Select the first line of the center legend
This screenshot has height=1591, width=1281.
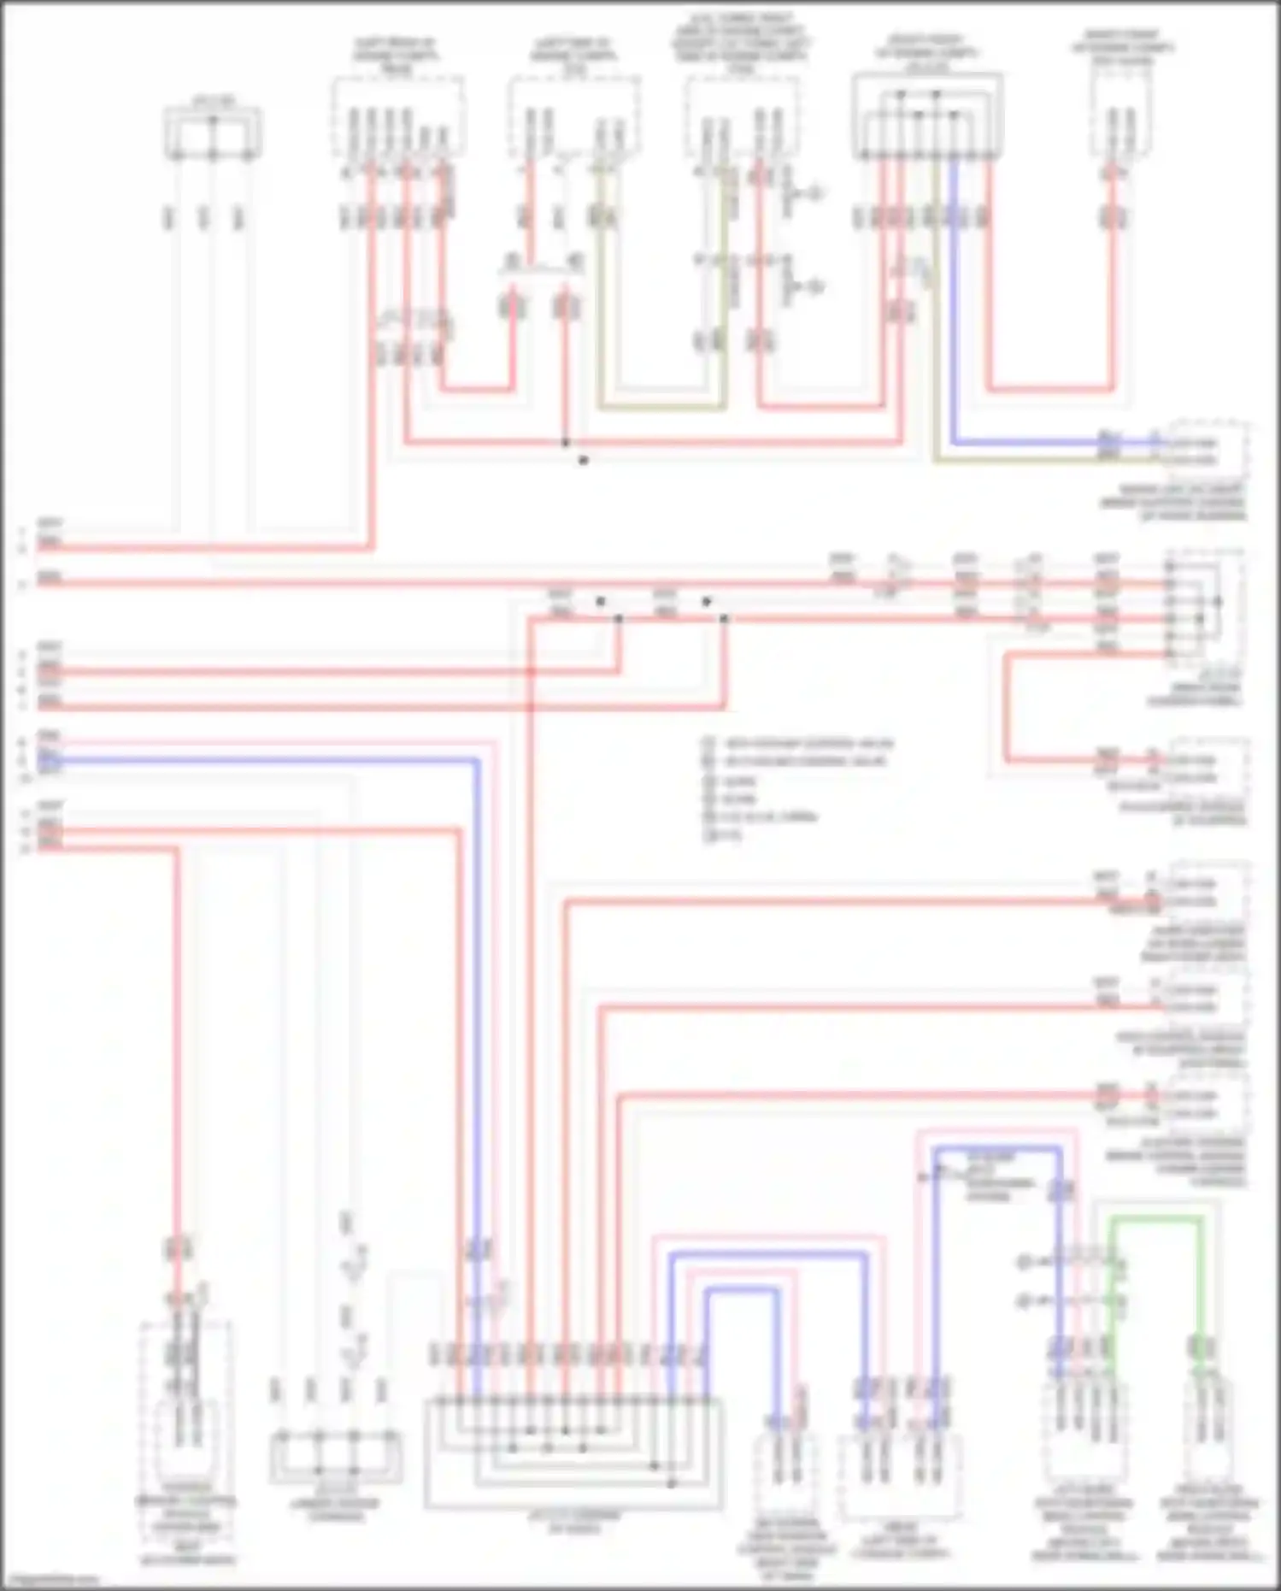(x=799, y=743)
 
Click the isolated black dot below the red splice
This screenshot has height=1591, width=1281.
(x=584, y=461)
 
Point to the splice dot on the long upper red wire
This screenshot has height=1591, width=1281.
(x=565, y=443)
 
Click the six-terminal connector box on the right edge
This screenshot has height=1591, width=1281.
(x=1203, y=605)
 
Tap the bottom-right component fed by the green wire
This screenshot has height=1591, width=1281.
(x=1210, y=1436)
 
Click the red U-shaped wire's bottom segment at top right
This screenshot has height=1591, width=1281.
(x=1051, y=389)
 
